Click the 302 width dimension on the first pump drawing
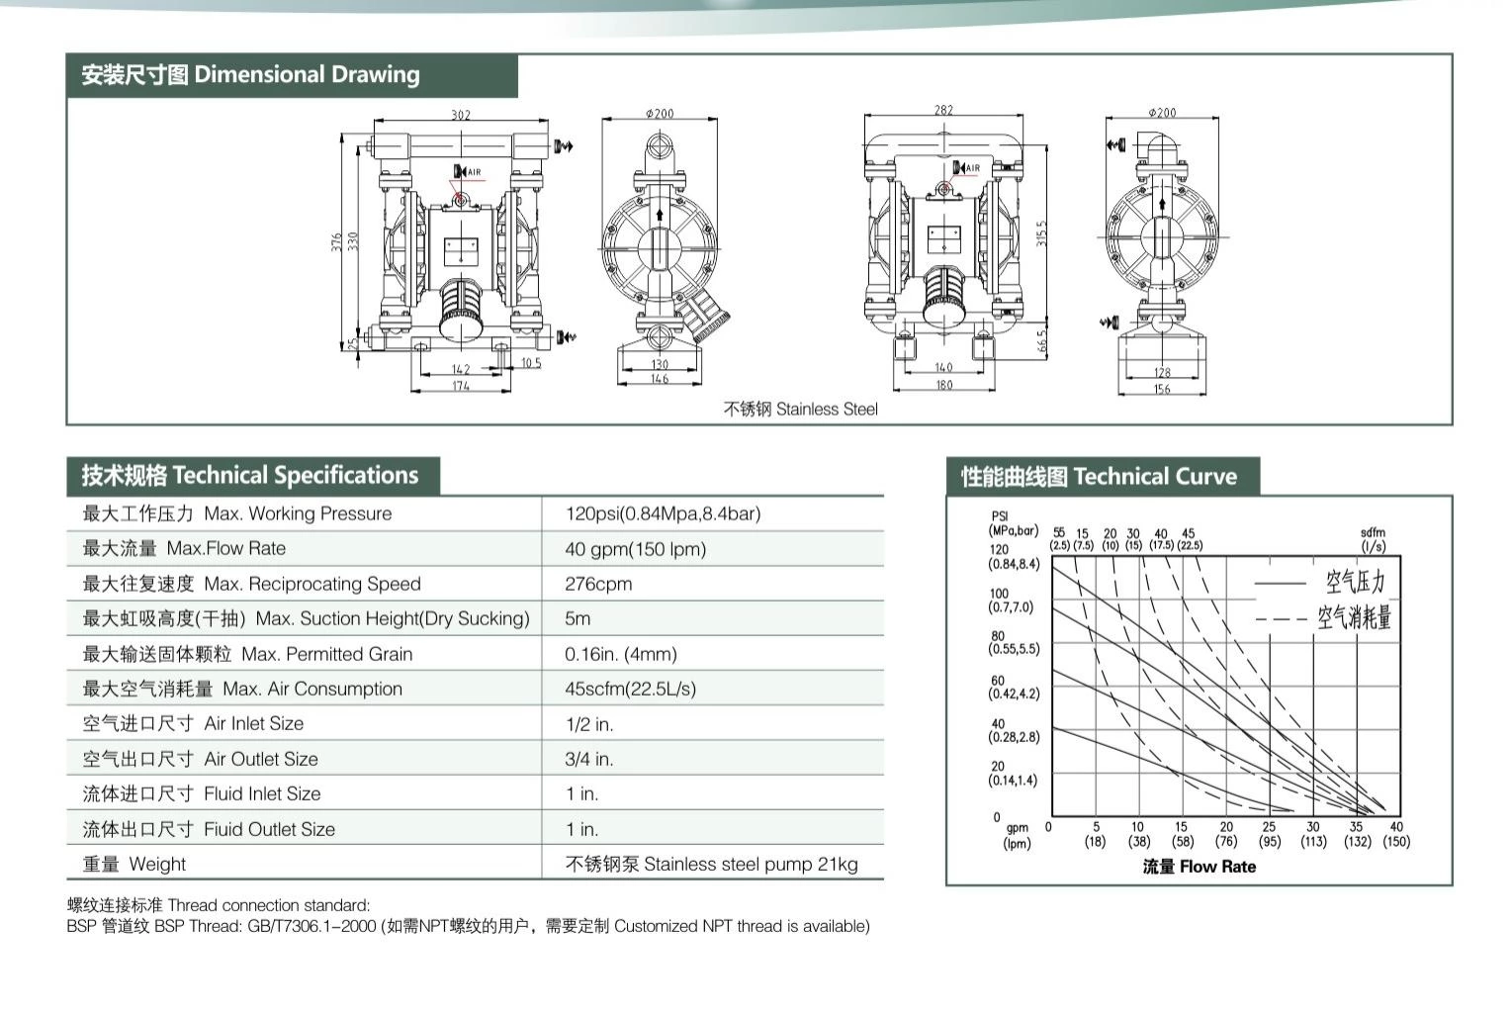point(461,115)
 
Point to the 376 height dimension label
point(336,242)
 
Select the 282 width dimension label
point(943,110)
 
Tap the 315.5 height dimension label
point(1041,232)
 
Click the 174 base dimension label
point(461,386)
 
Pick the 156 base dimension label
point(1162,389)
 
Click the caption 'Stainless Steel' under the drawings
point(827,409)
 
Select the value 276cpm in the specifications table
point(598,584)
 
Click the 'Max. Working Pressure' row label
point(298,513)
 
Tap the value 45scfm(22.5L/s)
point(630,689)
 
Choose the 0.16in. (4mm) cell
point(621,654)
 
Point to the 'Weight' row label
point(157,865)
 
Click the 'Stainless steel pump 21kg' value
point(751,865)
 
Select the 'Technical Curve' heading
point(1156,477)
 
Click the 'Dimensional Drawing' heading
point(307,74)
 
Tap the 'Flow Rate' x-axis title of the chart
point(1217,867)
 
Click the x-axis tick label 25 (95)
point(1269,834)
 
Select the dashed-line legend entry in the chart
point(1323,617)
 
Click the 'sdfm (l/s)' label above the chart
point(1373,539)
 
